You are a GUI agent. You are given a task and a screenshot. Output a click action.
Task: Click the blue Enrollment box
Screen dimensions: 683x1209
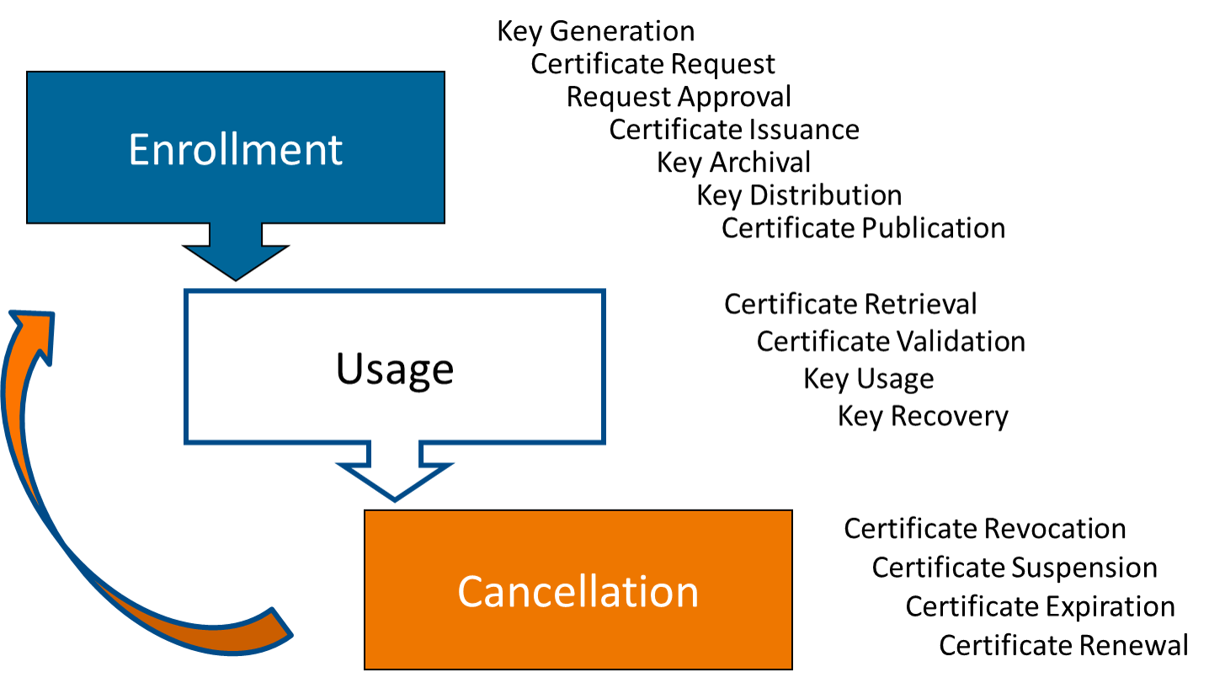click(236, 147)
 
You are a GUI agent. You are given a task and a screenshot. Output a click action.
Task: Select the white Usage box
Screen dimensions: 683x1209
click(394, 367)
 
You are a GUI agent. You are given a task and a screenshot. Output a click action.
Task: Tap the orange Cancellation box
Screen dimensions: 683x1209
click(578, 590)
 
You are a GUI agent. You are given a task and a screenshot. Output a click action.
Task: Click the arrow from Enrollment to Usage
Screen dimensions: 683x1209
click(236, 253)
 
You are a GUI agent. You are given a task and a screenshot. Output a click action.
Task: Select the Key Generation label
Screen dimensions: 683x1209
click(595, 32)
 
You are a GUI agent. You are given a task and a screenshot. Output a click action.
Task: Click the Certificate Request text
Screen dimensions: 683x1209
click(652, 64)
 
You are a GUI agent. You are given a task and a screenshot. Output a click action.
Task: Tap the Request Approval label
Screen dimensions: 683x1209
click(679, 97)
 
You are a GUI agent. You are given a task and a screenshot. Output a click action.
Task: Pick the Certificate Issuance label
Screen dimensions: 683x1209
click(734, 130)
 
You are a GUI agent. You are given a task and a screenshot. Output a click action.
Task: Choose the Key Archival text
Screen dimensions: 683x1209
click(733, 162)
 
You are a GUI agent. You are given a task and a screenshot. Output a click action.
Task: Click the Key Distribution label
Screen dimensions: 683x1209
click(798, 195)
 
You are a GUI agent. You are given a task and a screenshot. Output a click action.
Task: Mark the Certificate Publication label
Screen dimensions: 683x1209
click(863, 228)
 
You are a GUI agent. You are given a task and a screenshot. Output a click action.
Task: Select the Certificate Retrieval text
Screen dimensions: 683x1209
click(850, 304)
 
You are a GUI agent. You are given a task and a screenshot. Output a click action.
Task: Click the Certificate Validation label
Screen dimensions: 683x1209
click(891, 341)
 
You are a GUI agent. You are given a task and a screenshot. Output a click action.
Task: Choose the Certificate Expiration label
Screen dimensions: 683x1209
click(1040, 606)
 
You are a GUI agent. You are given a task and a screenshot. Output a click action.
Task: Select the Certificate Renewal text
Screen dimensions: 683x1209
click(1063, 645)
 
